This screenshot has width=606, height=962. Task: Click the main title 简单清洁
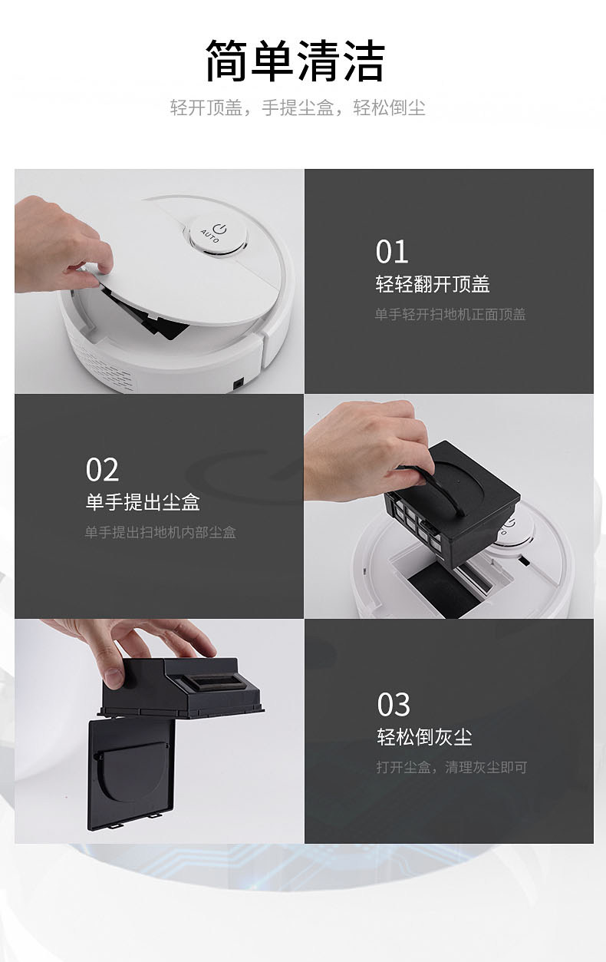(x=295, y=61)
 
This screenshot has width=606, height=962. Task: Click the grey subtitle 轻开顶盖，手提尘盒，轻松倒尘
(x=298, y=107)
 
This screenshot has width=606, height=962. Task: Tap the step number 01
(x=392, y=252)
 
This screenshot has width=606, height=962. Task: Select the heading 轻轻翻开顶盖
(x=433, y=284)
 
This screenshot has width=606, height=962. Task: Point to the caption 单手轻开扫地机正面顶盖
(x=450, y=314)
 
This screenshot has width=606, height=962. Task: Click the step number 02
(x=102, y=470)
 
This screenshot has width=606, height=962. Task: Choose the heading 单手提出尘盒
(x=143, y=501)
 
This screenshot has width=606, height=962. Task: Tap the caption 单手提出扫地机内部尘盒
(x=160, y=533)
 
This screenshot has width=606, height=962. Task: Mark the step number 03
(x=394, y=704)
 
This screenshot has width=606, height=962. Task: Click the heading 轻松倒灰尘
(x=424, y=737)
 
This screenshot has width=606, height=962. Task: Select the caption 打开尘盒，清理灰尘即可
(x=452, y=767)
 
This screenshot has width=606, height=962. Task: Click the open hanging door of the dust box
(x=131, y=773)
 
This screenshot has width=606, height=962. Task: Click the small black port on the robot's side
(x=237, y=383)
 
